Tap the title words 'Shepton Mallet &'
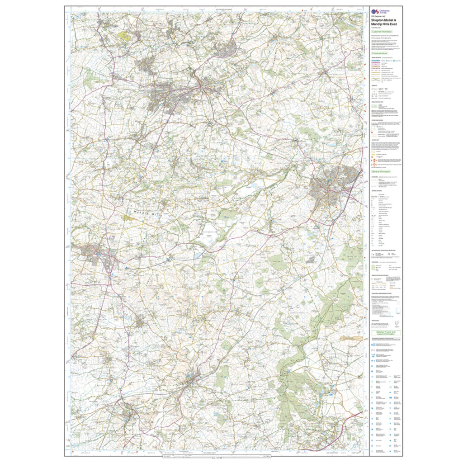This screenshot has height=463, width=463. [x=383, y=20]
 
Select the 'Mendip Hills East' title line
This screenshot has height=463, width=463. [x=384, y=24]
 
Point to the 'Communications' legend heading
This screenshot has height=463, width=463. [x=381, y=53]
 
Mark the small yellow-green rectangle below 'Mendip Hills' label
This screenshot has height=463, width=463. [x=129, y=218]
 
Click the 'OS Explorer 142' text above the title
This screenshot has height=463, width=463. [x=379, y=16]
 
